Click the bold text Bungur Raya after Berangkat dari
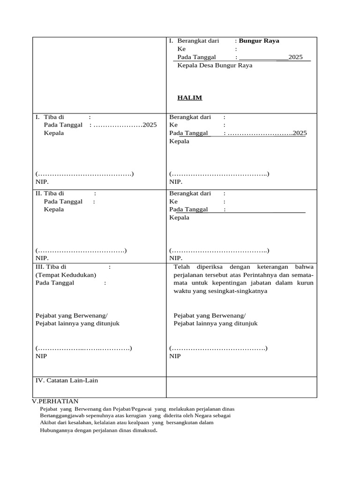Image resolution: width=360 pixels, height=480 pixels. pos(259,41)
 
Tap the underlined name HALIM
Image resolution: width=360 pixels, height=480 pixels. pos(189,98)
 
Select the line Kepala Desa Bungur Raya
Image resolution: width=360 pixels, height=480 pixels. pos(215,66)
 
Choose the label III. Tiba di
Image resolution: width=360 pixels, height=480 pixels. pos(51,267)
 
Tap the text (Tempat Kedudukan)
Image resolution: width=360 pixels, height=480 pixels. pos(66,275)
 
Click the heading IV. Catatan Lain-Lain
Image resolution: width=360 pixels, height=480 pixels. pos(67,380)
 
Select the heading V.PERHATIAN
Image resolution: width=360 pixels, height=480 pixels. pos(55,401)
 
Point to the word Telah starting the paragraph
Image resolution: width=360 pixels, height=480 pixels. pos(182,267)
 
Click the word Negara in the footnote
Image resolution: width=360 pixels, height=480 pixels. pos(204,416)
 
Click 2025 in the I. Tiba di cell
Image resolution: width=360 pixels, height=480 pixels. pos(150,125)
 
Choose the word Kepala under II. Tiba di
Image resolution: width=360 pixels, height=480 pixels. pos(54,210)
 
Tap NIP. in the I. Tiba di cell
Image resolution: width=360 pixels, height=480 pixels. pos(42,182)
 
